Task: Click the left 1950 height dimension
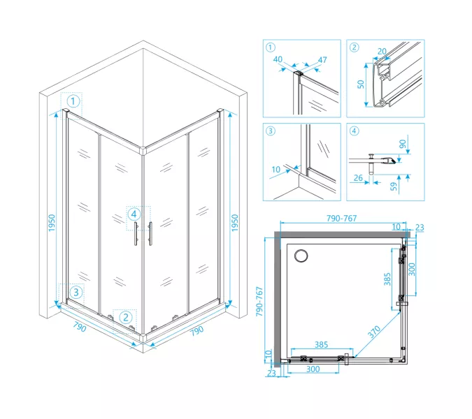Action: tap(52, 223)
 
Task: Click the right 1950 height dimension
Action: tap(235, 223)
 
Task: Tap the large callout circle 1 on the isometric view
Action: tap(73, 101)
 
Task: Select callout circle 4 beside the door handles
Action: tap(134, 214)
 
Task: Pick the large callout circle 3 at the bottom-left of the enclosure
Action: tap(76, 292)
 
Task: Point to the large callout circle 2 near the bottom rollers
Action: tap(126, 318)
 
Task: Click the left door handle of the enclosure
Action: tap(136, 234)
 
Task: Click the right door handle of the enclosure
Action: tap(150, 234)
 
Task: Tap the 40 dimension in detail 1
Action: tap(278, 59)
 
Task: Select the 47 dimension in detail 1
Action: tap(322, 60)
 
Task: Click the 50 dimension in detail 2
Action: tap(361, 84)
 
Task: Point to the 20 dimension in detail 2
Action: tap(382, 52)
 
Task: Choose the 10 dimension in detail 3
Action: tap(276, 170)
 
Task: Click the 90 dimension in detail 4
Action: tap(403, 144)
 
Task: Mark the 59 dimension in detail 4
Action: tap(394, 186)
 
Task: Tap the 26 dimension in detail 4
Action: tap(358, 178)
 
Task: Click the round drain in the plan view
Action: tap(301, 256)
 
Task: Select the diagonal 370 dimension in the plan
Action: tap(374, 332)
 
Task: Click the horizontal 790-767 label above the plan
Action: tap(342, 218)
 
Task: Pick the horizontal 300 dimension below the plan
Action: tap(313, 369)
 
